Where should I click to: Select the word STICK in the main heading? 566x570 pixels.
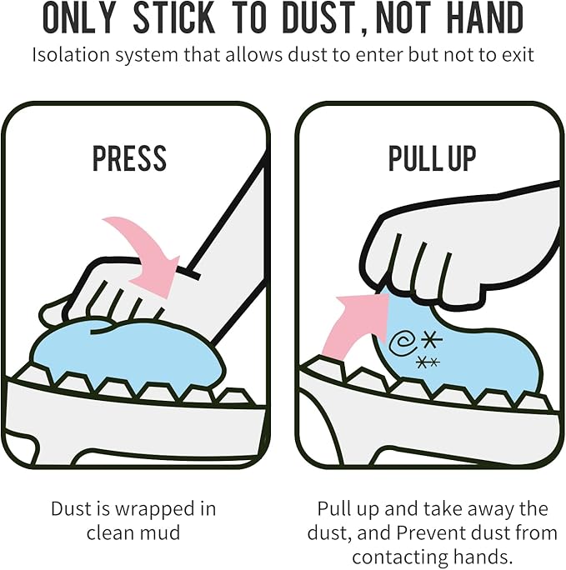pyautogui.click(x=174, y=17)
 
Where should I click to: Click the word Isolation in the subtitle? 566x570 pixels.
pyautogui.click(x=71, y=55)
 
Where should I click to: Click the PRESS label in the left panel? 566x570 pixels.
pyautogui.click(x=129, y=158)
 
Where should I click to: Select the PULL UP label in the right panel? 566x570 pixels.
pyautogui.click(x=432, y=158)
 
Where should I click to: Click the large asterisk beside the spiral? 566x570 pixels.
pyautogui.click(x=432, y=341)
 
